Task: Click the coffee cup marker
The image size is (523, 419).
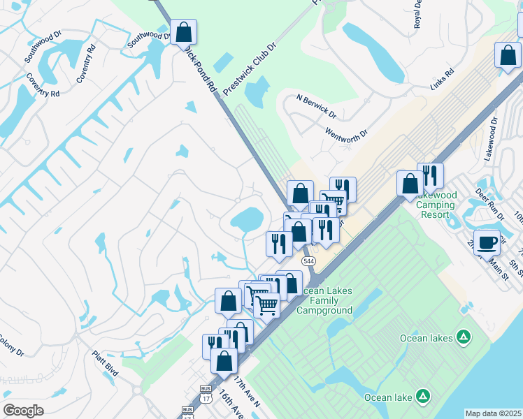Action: (x=487, y=242)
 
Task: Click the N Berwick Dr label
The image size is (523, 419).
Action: (x=316, y=106)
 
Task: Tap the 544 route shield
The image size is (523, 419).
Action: (x=310, y=260)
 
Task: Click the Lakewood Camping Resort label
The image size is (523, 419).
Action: (x=436, y=209)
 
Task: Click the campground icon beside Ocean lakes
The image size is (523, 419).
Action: (x=463, y=337)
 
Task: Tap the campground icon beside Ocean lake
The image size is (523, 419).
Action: (x=422, y=397)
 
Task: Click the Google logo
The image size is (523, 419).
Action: (x=23, y=410)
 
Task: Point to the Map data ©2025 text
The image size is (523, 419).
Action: (x=494, y=413)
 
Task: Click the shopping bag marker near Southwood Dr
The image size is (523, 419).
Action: (x=183, y=32)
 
